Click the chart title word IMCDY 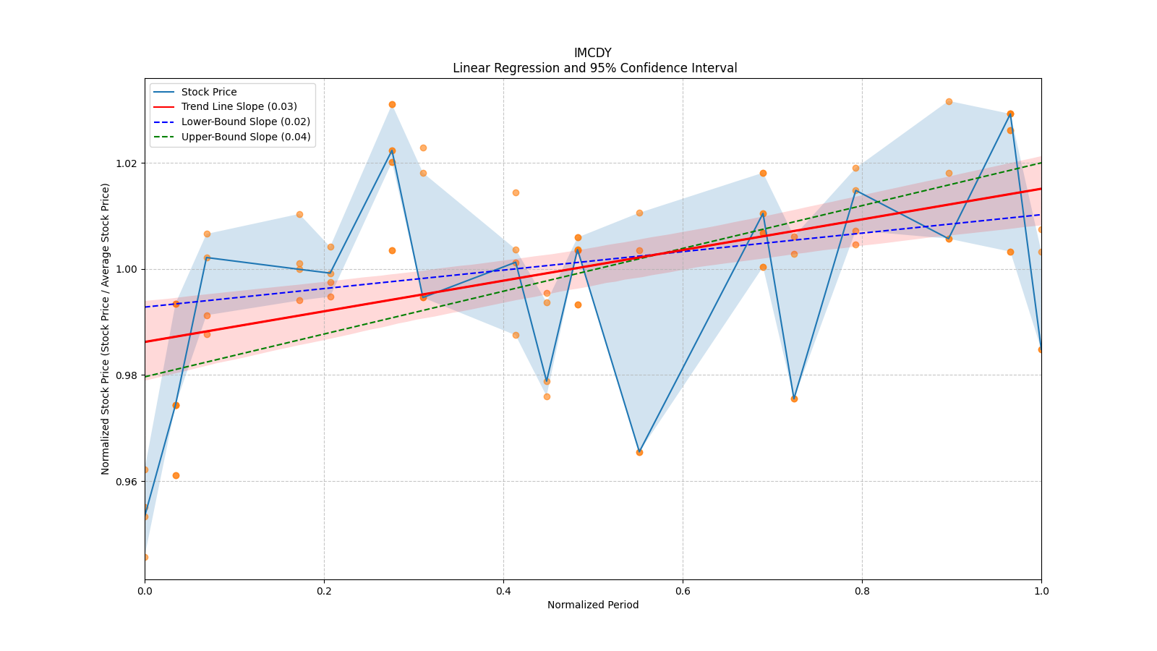tap(592, 53)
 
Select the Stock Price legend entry tap(209, 92)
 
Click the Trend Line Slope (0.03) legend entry tap(239, 107)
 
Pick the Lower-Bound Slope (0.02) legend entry tap(245, 122)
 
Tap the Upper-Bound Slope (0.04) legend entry tap(246, 137)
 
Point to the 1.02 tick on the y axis tap(126, 163)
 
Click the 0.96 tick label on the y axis tap(126, 481)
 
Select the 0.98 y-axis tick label tap(126, 375)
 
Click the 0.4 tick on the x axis tap(503, 591)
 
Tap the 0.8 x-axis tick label tap(862, 591)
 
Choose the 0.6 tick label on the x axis tap(683, 591)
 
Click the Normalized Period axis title tap(593, 605)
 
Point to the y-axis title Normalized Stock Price tap(106, 328)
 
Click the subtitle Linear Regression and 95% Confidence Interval tap(594, 68)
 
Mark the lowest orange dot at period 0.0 tap(145, 557)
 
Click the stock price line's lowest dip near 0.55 tap(639, 452)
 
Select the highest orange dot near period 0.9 tap(949, 101)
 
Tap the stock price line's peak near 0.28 tap(392, 150)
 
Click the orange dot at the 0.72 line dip tap(794, 399)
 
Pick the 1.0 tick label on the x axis tap(1041, 591)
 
